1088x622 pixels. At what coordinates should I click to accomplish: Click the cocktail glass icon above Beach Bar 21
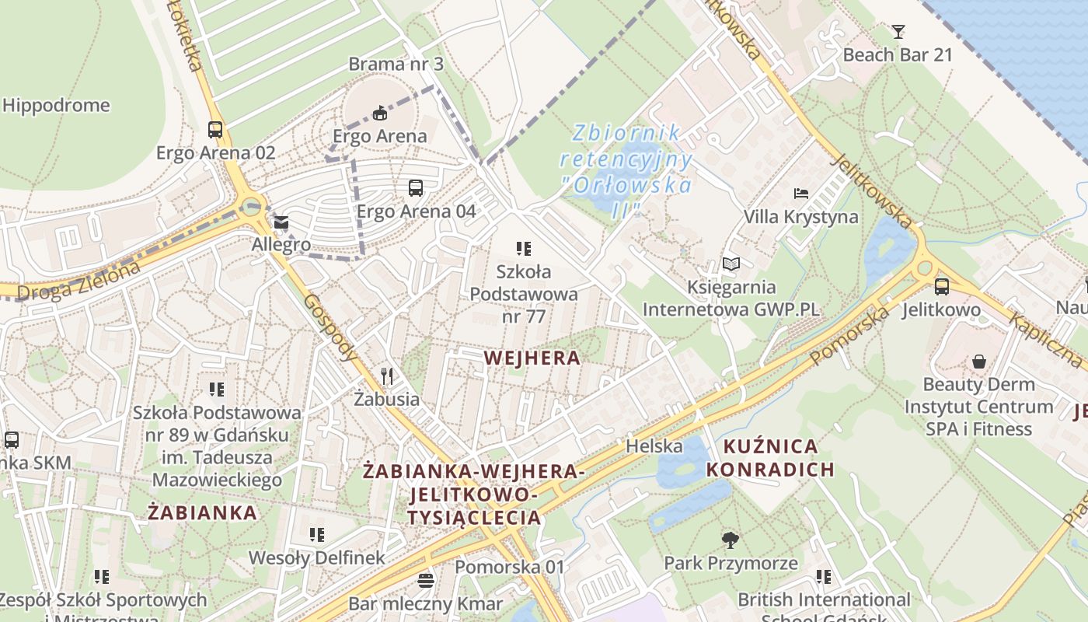coord(898,32)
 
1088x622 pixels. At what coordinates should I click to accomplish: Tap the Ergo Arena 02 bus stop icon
coord(215,130)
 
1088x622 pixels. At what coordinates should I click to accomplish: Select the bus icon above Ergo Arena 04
coord(416,188)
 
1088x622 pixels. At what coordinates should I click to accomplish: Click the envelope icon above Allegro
coord(281,223)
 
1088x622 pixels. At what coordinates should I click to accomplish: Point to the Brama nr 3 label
coord(396,64)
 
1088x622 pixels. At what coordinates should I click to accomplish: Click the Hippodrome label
coord(56,105)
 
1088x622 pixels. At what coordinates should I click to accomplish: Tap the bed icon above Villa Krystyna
coord(801,194)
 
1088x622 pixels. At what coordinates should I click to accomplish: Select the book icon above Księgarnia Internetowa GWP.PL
coord(731,264)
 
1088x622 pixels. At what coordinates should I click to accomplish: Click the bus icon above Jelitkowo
coord(942,287)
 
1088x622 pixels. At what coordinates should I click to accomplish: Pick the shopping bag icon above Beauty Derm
coord(978,362)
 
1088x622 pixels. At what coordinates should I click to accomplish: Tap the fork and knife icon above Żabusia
coord(386,377)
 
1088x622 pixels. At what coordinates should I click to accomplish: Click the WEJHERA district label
coord(532,358)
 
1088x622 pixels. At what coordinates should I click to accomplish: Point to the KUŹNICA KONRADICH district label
coord(770,458)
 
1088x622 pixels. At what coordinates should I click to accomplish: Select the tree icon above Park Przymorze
coord(730,540)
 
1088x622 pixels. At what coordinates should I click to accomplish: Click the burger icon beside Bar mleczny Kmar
coord(425,580)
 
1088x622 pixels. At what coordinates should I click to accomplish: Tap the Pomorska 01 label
coord(510,567)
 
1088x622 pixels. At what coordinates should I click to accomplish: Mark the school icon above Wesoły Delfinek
coord(316,535)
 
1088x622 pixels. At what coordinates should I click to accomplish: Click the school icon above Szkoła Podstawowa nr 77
coord(524,249)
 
